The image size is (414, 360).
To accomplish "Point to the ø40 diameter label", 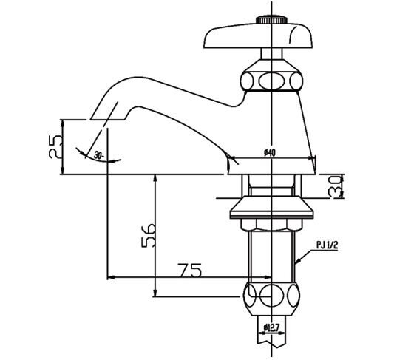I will pos(269,152).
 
